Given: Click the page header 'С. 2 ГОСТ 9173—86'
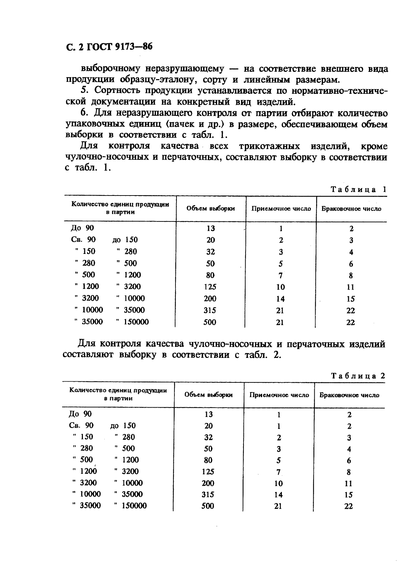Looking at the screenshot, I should (x=109, y=47).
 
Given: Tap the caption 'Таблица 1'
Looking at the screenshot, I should (x=358, y=189).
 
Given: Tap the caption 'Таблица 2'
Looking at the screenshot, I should (x=358, y=376).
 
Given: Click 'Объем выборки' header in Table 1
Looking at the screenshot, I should (x=211, y=208).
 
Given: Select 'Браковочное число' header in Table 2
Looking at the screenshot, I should (x=349, y=395).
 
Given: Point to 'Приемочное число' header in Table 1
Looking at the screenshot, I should (x=281, y=209).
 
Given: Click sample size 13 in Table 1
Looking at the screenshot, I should (x=211, y=228).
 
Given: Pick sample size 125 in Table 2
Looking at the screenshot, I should (x=208, y=472).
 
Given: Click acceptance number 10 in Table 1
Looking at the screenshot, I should (x=280, y=287).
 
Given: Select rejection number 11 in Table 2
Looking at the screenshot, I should (x=349, y=483).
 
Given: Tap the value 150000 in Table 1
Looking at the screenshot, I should (x=136, y=322).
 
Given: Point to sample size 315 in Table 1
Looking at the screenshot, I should (x=210, y=310).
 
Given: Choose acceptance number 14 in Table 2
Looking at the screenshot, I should (x=278, y=495).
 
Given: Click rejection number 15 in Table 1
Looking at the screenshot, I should (x=351, y=299).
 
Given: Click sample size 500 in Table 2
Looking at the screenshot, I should (x=208, y=506).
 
